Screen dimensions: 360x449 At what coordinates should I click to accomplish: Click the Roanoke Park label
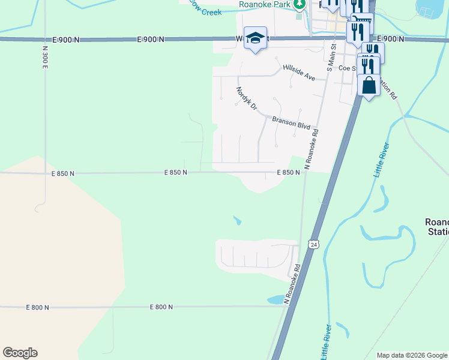coord(265,4)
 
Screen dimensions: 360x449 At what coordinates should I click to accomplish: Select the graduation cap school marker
coord(255,37)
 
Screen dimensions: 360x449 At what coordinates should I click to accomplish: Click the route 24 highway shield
coord(313,244)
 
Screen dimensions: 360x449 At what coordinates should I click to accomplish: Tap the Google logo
coord(20,353)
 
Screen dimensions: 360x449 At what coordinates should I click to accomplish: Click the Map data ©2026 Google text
coord(411,355)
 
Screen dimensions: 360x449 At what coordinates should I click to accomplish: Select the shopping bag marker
coord(369,86)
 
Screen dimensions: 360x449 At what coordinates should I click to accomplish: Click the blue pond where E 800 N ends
coord(276,299)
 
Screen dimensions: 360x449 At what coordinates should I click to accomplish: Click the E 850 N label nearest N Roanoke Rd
coord(288,172)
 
